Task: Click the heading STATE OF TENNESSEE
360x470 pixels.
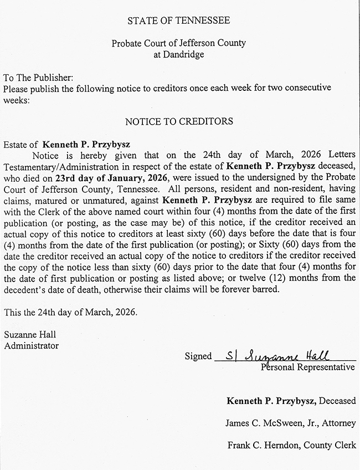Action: coord(179,21)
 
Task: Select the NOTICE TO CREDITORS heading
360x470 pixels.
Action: coord(179,121)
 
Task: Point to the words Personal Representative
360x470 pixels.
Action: coord(308,367)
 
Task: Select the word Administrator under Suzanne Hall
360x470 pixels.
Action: coord(31,345)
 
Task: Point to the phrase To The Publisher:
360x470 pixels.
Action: coord(38,78)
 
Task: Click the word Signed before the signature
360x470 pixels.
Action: coord(198,356)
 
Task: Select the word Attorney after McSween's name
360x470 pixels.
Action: coord(340,423)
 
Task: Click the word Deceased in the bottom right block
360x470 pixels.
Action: coord(337,401)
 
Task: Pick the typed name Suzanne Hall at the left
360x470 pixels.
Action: coord(30,335)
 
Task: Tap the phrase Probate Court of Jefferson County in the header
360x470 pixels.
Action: coord(179,43)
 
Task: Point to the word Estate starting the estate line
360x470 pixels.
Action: coord(15,144)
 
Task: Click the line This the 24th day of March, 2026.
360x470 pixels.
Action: coord(70,312)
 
